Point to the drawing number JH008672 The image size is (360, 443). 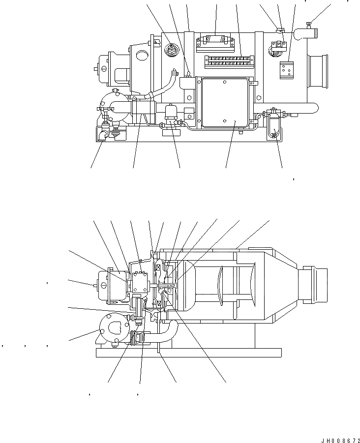337,438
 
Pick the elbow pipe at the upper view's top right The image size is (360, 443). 305,33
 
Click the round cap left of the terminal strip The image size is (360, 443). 172,50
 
